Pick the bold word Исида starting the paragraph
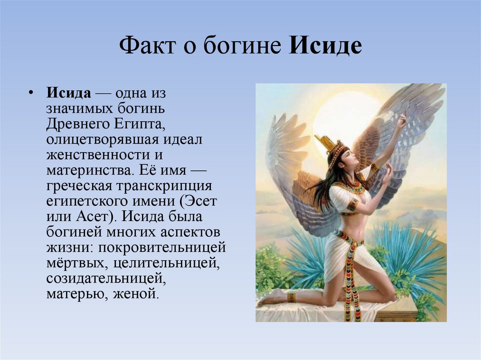pyautogui.click(x=68, y=92)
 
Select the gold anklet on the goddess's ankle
pyautogui.click(x=291, y=297)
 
